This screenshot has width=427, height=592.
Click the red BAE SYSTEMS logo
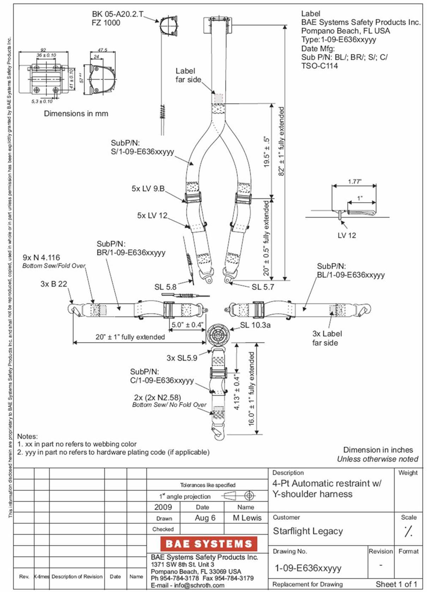pos(209,544)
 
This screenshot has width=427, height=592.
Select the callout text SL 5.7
pos(263,287)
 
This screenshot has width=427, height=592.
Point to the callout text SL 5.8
pos(165,287)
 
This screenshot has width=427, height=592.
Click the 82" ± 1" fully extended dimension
pos(281,141)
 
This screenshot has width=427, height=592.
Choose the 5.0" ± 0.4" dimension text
pos(187,325)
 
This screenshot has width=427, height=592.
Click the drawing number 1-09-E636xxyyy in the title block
pos(308,568)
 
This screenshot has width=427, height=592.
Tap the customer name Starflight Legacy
pos(308,531)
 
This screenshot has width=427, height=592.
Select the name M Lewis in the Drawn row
pos(247,518)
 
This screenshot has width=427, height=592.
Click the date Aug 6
pos(205,518)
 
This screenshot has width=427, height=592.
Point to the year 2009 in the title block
pos(163,507)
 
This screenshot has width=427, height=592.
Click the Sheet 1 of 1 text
pos(396,584)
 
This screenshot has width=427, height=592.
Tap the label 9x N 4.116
pos(41,258)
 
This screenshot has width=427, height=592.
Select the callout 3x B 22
pos(54,284)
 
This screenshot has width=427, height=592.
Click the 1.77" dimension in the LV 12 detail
pos(354,182)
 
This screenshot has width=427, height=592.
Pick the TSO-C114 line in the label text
pos(319,66)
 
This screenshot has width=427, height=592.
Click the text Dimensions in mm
pos(76,113)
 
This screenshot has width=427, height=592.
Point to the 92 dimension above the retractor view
pos(43,50)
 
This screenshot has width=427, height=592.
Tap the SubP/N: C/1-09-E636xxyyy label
pos(162,376)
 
